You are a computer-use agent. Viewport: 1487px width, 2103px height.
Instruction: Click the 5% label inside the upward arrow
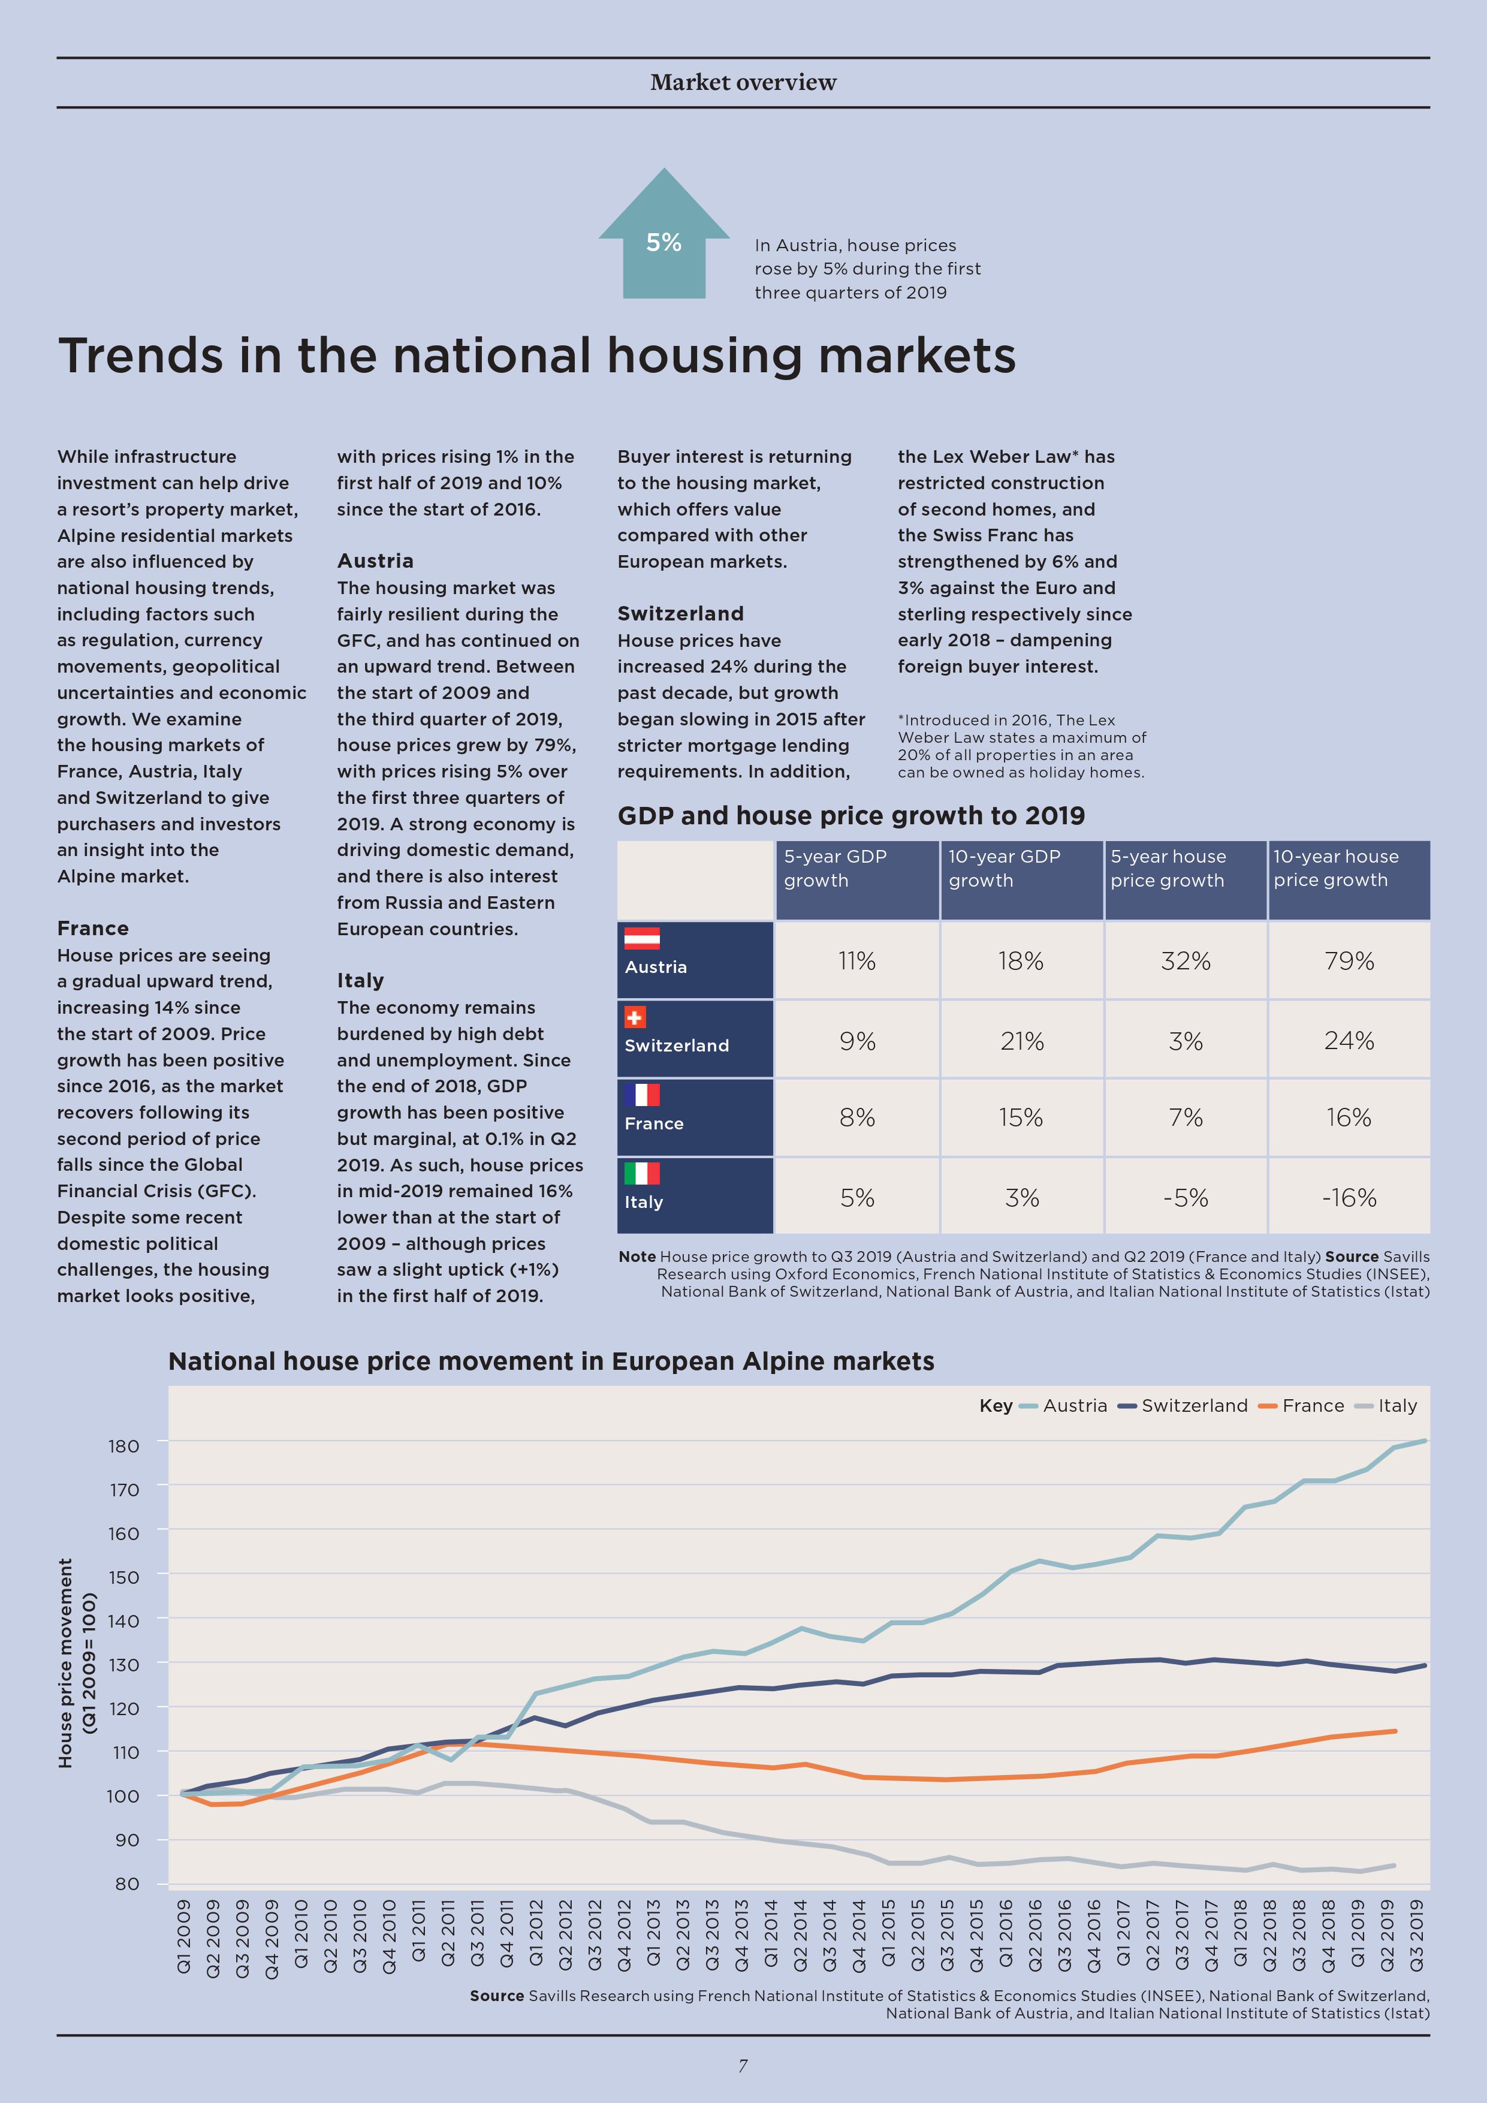[664, 243]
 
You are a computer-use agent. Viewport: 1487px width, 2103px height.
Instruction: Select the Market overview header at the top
[743, 83]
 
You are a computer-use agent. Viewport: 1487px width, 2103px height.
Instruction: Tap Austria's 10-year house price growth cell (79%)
[1349, 961]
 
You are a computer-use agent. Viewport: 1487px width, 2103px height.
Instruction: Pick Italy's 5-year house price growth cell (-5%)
[1186, 1197]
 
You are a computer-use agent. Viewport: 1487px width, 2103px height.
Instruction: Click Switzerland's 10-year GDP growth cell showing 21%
[1022, 1041]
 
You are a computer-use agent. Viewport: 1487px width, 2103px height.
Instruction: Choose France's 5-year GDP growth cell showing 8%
[857, 1117]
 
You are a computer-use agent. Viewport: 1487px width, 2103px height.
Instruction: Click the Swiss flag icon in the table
[635, 1017]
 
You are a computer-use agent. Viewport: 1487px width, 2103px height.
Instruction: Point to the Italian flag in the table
[642, 1173]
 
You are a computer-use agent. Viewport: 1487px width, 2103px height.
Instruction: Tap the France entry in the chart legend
[1301, 1406]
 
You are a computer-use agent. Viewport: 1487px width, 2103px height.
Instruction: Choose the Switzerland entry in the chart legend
[1183, 1406]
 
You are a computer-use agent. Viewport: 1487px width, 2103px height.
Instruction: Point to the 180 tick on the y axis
[123, 1447]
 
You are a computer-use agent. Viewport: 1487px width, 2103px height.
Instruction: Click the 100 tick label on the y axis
[123, 1796]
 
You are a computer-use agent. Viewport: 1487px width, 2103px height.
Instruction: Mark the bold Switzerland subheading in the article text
[680, 614]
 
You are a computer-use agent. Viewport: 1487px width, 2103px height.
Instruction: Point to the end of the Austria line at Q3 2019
[1424, 1441]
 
